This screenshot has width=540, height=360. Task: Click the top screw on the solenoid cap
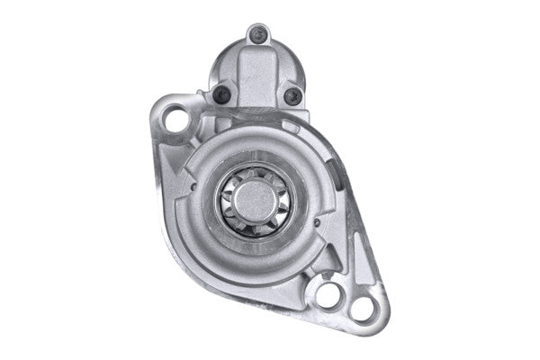(261, 37)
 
